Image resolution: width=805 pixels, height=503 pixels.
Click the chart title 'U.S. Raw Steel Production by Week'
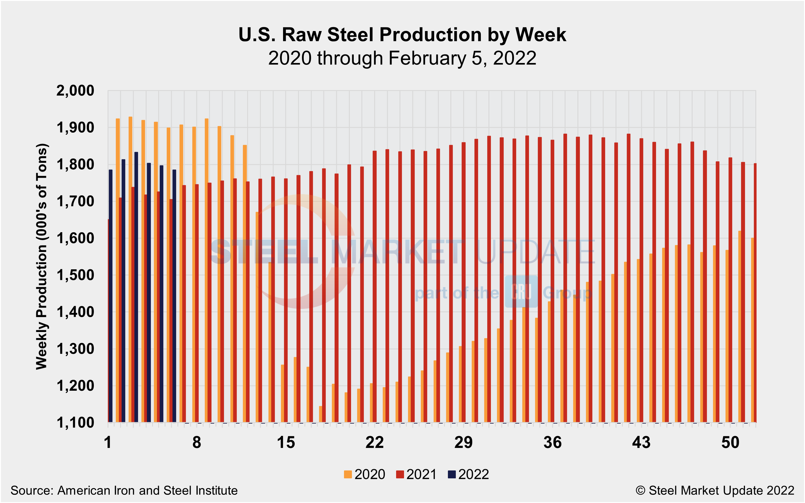402,35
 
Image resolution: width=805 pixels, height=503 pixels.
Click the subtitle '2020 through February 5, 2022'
402,58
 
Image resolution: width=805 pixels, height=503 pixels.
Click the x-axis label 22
374,442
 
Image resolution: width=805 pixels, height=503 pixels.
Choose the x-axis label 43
641,442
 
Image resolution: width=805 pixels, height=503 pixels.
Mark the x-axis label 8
197,442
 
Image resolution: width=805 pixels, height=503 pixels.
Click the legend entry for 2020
364,474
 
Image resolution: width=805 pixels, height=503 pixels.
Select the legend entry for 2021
416,474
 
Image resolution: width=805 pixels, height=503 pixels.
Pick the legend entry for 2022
468,474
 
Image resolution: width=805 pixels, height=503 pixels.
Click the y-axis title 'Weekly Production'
42,256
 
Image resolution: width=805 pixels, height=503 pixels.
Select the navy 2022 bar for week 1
111,296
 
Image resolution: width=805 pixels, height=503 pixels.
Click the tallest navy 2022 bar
136,286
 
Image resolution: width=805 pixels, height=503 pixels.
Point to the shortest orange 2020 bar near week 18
321,414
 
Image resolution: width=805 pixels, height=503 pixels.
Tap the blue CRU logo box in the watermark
521,292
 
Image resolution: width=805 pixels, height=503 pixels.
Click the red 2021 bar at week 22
375,286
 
